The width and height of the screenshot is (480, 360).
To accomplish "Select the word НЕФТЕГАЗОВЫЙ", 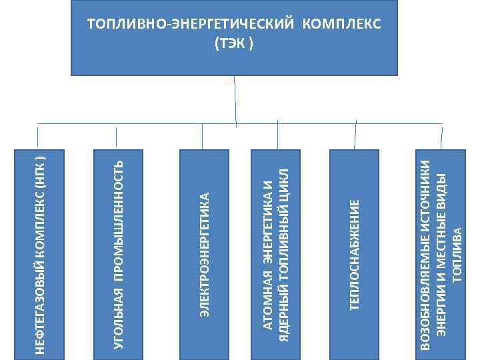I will point(39,304).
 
